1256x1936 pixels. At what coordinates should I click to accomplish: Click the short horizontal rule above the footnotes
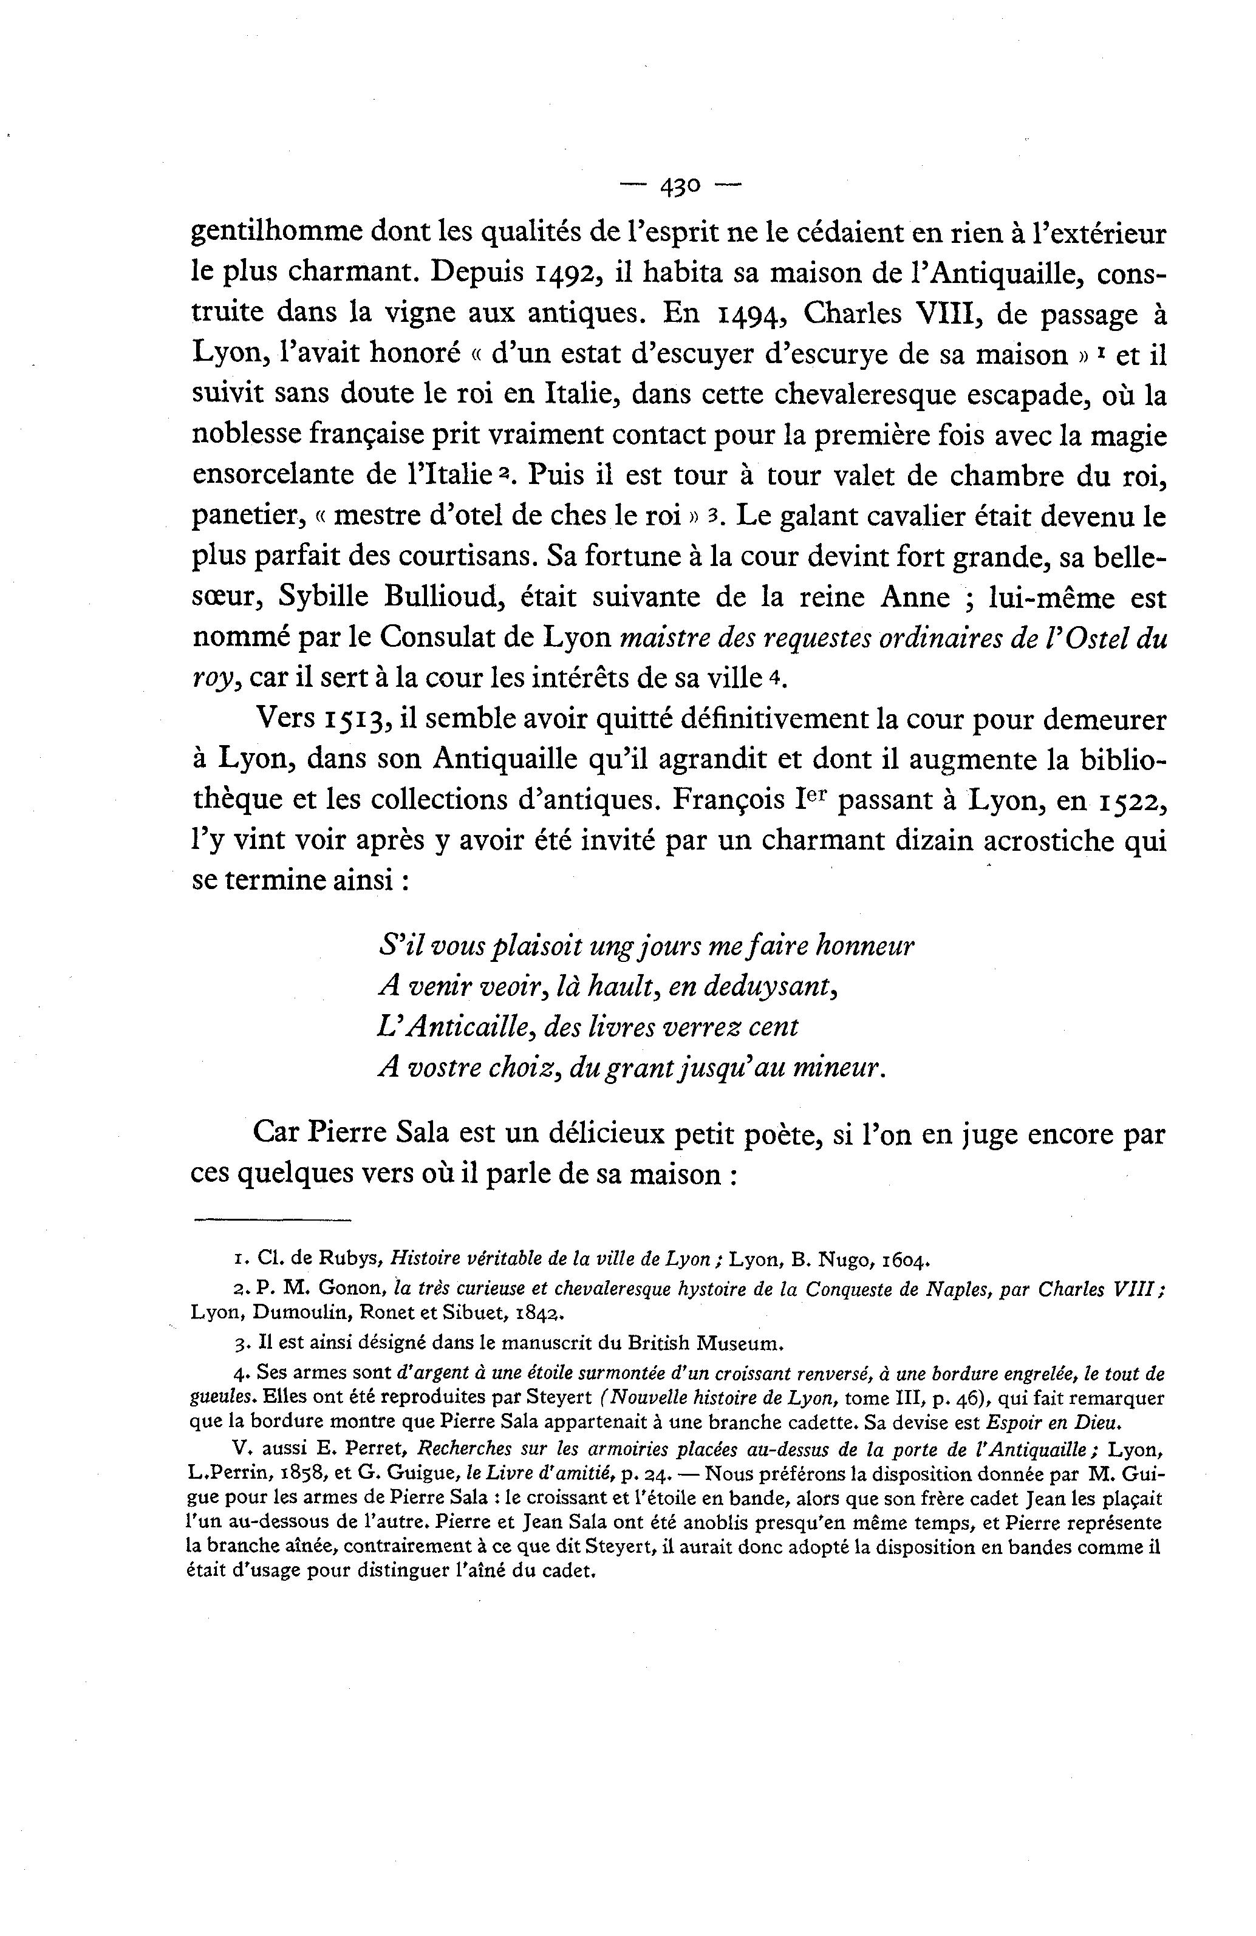pos(271,1220)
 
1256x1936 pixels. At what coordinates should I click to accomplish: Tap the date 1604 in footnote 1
pos(901,1261)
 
